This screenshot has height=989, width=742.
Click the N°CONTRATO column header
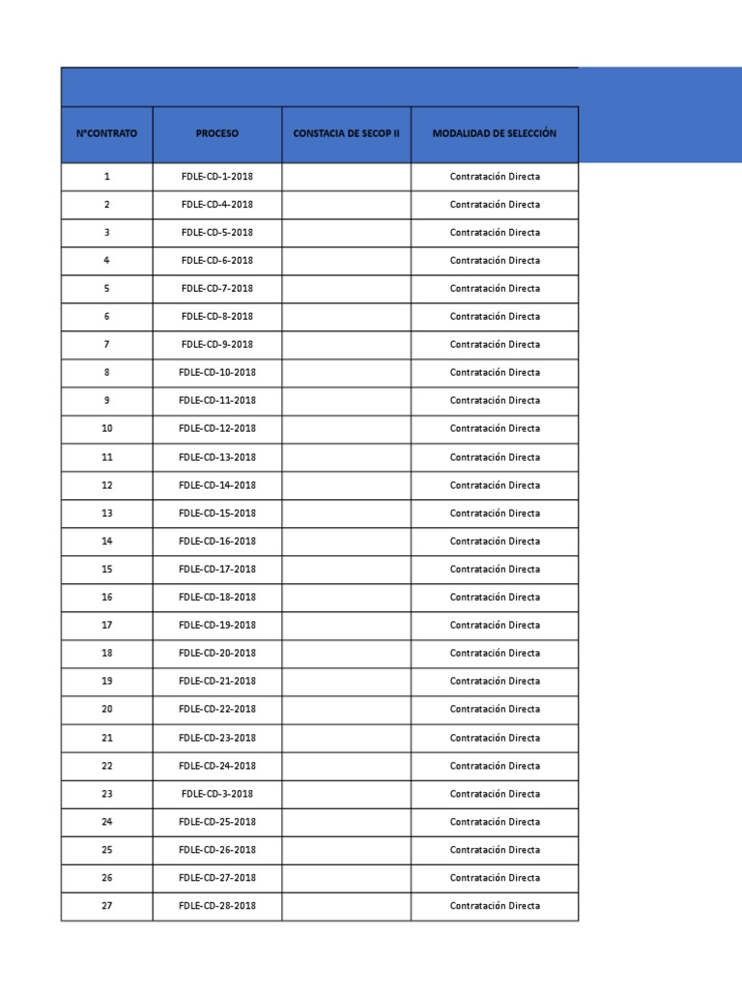coord(106,133)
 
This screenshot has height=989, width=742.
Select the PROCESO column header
coord(216,133)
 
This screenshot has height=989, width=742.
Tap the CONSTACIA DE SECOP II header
coord(346,133)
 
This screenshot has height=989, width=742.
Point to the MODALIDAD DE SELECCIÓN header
coord(495,133)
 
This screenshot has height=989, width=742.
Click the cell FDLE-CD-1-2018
coord(216,177)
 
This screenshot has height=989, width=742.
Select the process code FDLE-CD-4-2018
coord(216,205)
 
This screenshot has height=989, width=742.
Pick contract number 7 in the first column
coord(106,345)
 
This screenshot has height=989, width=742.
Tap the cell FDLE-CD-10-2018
coord(216,373)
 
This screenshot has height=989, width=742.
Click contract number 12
coord(106,485)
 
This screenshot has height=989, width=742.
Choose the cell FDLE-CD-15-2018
coord(216,513)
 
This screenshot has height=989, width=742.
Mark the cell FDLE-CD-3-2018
coord(216,794)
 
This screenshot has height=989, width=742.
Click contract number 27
coord(106,906)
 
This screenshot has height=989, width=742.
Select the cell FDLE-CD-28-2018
coord(216,906)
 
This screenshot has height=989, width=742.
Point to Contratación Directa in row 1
coord(495,177)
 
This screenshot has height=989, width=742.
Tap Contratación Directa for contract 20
coord(495,709)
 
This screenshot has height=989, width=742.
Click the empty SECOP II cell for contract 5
coord(346,289)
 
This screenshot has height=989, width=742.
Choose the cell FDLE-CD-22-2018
coord(216,709)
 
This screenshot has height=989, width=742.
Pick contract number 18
coord(106,653)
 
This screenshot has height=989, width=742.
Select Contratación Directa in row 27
coord(495,906)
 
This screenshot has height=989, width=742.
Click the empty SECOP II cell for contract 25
coord(346,850)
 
